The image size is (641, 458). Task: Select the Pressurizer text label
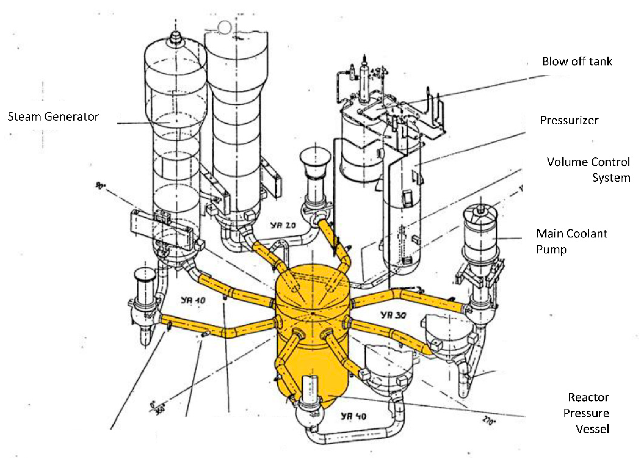click(569, 120)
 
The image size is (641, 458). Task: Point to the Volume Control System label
click(588, 170)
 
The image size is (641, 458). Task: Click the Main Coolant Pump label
click(571, 241)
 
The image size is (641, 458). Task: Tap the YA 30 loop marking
click(393, 315)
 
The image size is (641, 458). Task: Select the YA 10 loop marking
click(193, 300)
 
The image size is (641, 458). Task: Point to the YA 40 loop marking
click(353, 416)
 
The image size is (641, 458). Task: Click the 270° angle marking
click(489, 421)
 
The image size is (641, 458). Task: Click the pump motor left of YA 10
click(145, 285)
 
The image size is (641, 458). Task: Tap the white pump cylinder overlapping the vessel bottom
click(312, 388)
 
